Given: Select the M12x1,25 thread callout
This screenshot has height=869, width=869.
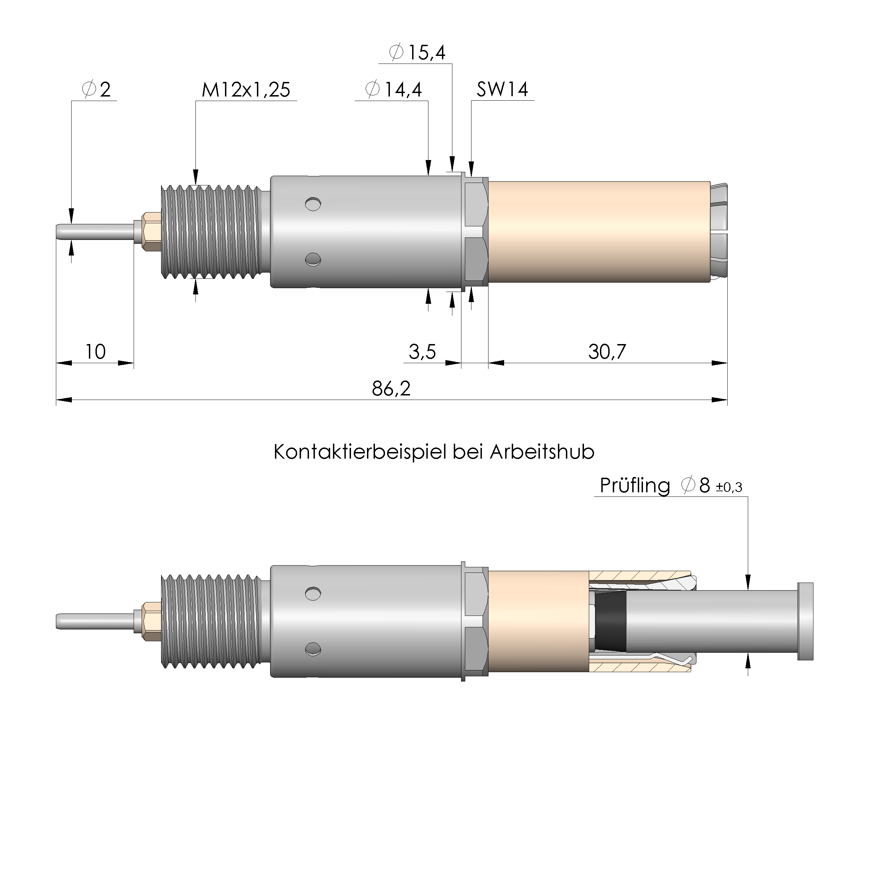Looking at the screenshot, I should tap(245, 90).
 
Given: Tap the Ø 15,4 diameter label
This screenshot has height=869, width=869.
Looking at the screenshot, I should tap(417, 53).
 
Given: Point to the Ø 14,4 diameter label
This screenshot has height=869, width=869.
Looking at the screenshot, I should tap(394, 90).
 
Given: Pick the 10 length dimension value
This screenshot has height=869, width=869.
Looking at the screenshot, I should tap(95, 352).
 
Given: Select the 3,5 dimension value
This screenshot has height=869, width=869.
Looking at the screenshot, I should tap(422, 352).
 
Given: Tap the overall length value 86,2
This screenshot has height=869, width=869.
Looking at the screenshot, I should tap(391, 388).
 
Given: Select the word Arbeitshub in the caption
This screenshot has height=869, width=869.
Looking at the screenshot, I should tap(542, 452).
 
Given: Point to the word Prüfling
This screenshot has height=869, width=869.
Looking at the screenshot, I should tap(634, 486).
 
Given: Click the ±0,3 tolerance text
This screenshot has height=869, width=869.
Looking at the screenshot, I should tap(729, 487).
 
